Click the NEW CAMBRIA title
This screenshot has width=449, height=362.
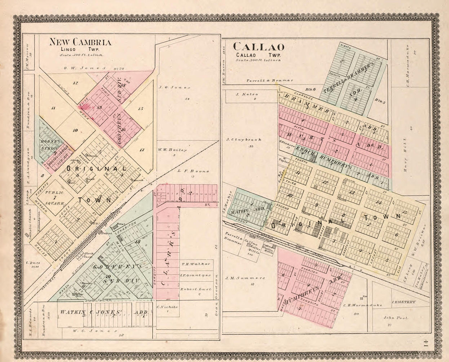coord(80,42)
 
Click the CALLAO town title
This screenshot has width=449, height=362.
coord(258,47)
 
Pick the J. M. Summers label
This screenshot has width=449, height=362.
coord(245,278)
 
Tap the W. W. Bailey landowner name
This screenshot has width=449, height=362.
coord(172,150)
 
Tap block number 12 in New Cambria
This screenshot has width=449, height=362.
coord(75,83)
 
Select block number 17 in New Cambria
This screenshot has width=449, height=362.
coord(142,149)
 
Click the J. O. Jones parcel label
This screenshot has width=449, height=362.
coord(169,87)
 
